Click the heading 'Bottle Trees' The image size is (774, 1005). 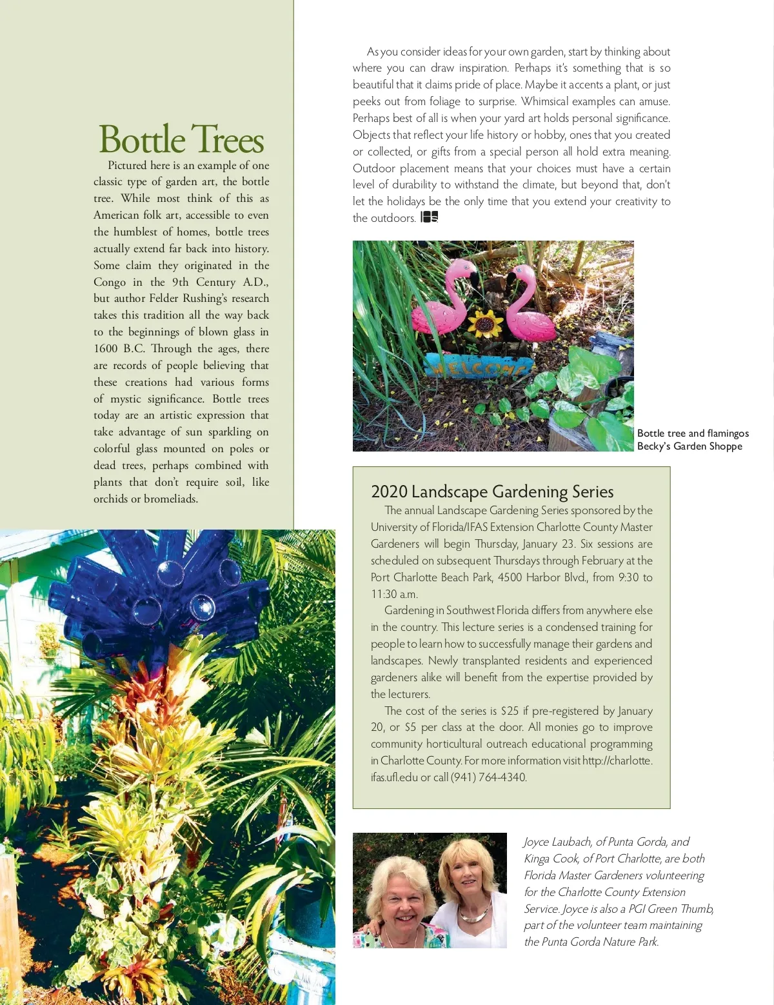coord(181,139)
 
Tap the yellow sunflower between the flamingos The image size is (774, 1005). coord(484,322)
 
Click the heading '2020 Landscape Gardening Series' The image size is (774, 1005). coord(492,492)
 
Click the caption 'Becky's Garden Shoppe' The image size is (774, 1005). coord(690,446)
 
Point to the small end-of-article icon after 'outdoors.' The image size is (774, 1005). coord(429,217)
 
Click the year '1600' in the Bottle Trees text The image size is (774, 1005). coord(106,349)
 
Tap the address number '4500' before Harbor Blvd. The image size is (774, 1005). coord(510,577)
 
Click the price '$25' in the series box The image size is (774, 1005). coord(509,711)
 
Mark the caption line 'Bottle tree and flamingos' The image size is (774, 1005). coord(693,433)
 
